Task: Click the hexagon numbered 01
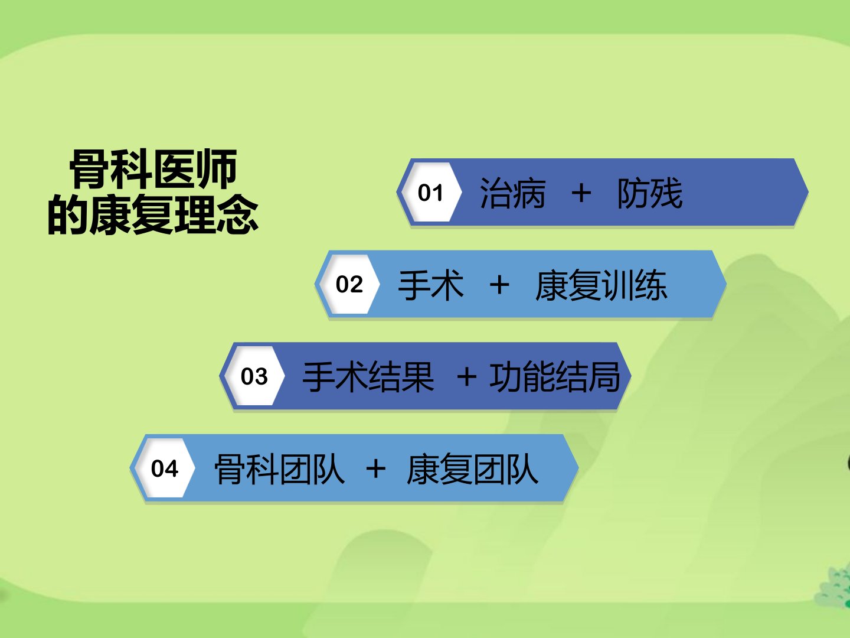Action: click(x=431, y=192)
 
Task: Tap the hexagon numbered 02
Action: click(x=349, y=284)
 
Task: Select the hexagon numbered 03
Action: click(x=254, y=376)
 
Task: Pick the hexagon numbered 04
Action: click(x=164, y=468)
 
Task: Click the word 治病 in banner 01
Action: click(x=512, y=193)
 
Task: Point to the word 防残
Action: click(x=649, y=193)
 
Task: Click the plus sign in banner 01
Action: click(x=581, y=193)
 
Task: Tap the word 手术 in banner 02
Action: click(x=431, y=285)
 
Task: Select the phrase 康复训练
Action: click(x=601, y=285)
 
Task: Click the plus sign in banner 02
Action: click(x=499, y=285)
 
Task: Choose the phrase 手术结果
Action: click(x=368, y=376)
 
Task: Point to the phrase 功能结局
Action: click(x=554, y=376)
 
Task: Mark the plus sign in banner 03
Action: click(x=467, y=376)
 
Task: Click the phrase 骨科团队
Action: click(x=279, y=468)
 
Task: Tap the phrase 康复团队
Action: click(x=472, y=468)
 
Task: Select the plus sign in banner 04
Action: click(x=375, y=468)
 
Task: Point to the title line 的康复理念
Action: click(x=153, y=214)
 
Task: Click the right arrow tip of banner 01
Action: click(x=808, y=192)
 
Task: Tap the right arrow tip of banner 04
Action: click(x=578, y=468)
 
